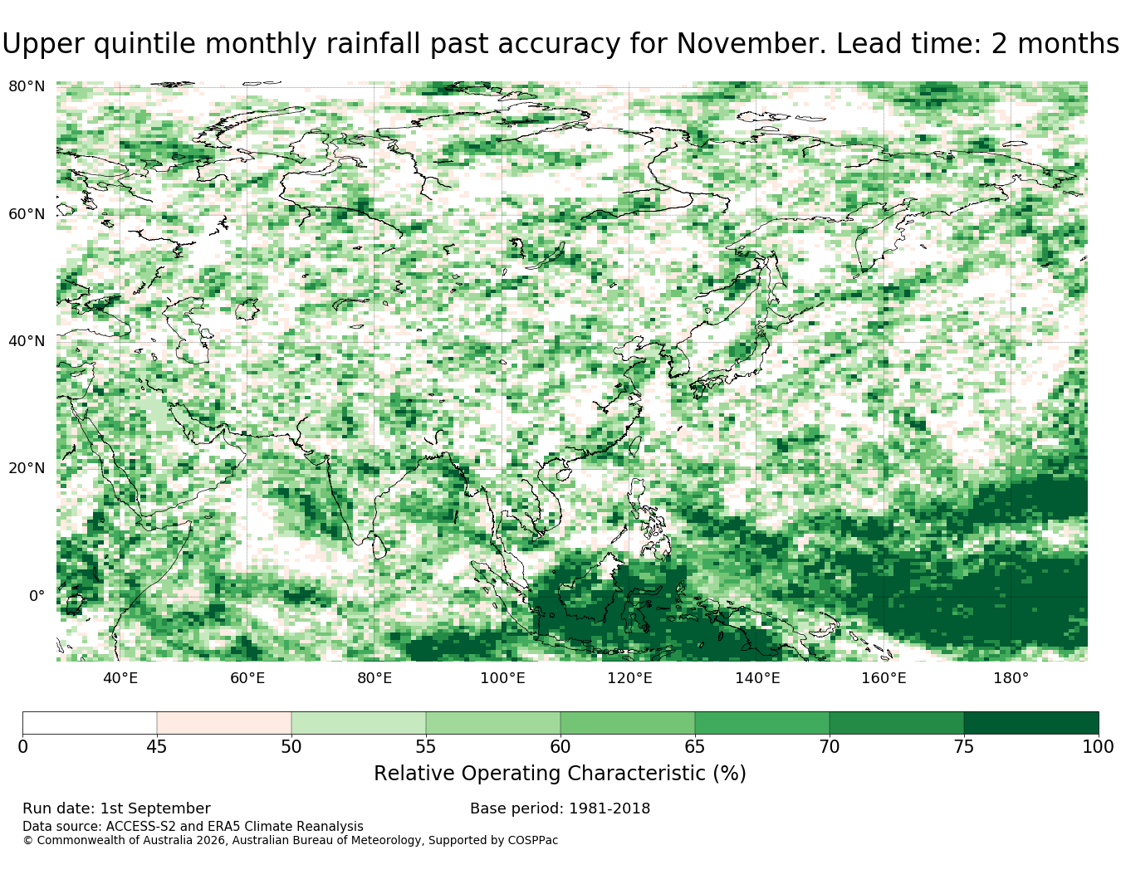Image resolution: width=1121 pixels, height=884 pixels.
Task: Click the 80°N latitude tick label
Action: tap(27, 86)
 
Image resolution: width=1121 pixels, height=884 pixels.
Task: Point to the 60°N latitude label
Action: tap(27, 214)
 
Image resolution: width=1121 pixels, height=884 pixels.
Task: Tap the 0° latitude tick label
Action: tap(37, 595)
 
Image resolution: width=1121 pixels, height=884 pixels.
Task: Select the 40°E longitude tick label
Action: tap(120, 678)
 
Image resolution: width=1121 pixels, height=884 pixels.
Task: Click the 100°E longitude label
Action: tap(502, 678)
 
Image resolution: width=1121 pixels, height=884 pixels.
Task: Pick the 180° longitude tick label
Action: tap(1011, 678)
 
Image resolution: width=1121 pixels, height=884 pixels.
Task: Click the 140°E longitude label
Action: tap(757, 678)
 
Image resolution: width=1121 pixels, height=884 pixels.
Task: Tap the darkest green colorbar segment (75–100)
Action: tap(1030, 723)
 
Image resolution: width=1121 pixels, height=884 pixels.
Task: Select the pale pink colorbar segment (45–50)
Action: tap(224, 723)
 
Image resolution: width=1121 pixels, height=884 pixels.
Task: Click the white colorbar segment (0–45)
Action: tap(90, 723)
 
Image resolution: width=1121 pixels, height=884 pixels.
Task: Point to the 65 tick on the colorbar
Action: tap(694, 747)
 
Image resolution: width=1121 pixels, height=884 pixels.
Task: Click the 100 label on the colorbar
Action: tap(1098, 747)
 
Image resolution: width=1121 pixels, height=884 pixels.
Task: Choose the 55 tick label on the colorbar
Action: tap(426, 747)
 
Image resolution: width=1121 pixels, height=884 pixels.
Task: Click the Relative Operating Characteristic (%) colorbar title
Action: tap(560, 774)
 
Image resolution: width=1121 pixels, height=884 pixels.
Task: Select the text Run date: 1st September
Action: tap(116, 808)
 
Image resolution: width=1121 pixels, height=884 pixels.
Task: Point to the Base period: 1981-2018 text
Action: tap(560, 808)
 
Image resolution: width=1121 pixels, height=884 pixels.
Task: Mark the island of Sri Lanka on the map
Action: tap(379, 547)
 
